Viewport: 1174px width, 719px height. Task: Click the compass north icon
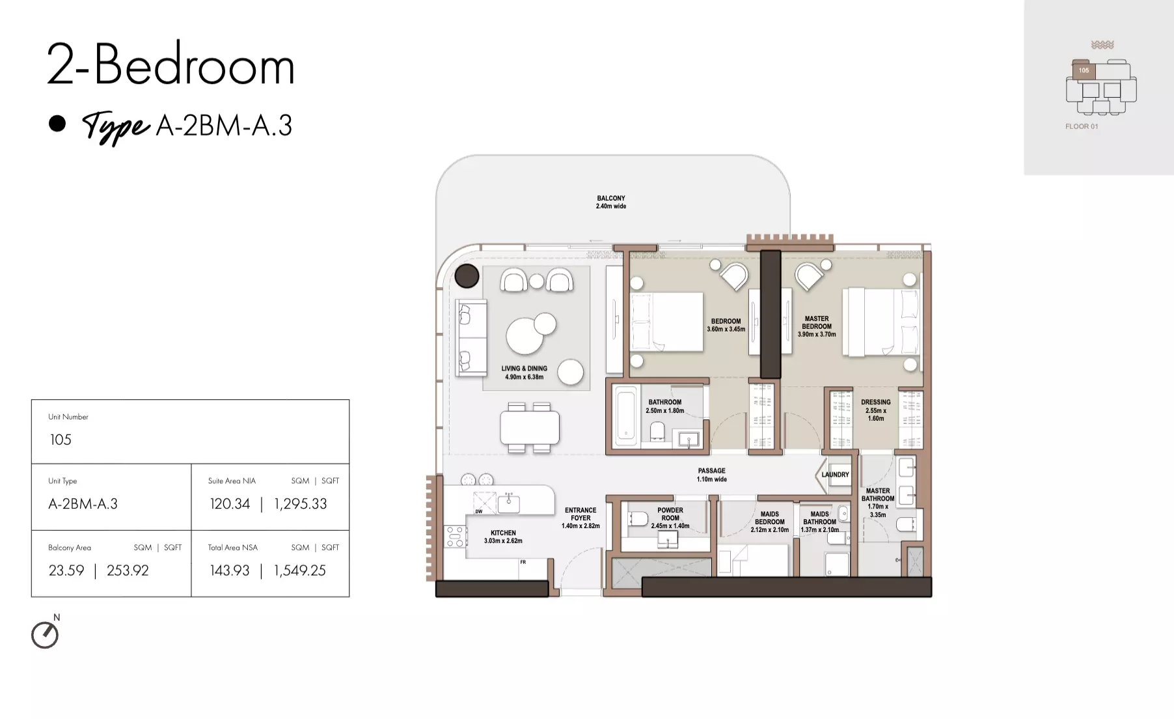point(45,635)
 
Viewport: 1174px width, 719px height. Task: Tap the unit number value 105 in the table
point(61,440)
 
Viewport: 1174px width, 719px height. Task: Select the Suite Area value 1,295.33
point(301,503)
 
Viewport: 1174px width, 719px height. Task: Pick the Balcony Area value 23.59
point(66,571)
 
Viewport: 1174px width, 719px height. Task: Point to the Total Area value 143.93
point(230,571)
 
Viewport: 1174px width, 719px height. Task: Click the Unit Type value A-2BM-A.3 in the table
point(83,503)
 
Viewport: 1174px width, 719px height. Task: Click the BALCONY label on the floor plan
point(611,198)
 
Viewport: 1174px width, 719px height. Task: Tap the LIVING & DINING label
point(524,369)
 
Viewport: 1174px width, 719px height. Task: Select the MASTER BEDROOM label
point(817,322)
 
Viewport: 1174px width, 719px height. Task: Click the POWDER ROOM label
point(670,514)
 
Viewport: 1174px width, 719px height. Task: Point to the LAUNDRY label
point(835,475)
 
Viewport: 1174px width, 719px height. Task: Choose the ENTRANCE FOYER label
point(580,514)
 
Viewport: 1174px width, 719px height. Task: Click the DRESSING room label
point(876,402)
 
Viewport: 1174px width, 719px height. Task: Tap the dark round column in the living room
point(467,276)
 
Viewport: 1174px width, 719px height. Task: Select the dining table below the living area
point(529,427)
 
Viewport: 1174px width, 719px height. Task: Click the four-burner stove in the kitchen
point(455,536)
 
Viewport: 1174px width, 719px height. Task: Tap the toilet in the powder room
point(637,519)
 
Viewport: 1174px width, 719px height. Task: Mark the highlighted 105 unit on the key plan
point(1084,70)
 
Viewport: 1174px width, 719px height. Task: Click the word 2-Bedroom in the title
point(171,64)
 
